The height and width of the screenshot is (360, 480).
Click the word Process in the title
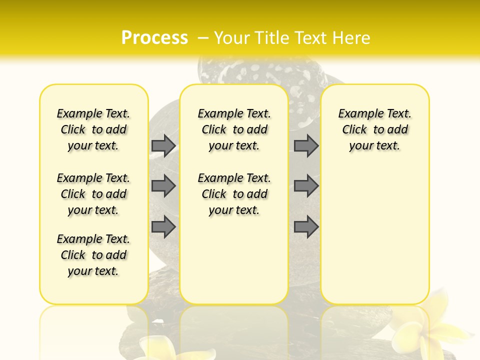coord(154,38)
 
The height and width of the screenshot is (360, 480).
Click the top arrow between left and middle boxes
coord(163,145)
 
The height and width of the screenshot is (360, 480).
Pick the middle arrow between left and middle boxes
coord(163,186)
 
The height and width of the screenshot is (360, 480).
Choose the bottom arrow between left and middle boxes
coord(163,227)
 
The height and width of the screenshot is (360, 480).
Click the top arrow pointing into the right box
coord(306,145)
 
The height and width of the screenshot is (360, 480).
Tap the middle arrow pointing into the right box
coord(306,186)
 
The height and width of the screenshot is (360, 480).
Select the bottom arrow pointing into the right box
coord(306,227)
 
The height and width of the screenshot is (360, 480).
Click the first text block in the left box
coord(93,129)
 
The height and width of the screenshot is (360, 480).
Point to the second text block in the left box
coord(93,194)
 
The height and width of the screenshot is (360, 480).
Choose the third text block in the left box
coord(93,255)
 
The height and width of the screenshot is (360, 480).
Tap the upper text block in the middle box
coord(234,129)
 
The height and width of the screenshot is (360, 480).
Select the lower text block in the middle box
coord(234,194)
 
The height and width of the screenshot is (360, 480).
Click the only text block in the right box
coord(374,129)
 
